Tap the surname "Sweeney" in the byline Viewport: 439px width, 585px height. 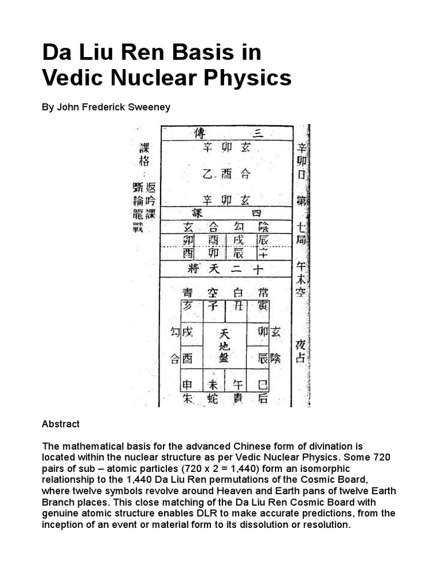click(x=151, y=107)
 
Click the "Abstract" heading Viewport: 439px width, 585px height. click(x=61, y=424)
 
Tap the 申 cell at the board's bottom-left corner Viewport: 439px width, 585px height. click(x=188, y=385)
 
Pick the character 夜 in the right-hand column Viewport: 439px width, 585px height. click(x=301, y=345)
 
